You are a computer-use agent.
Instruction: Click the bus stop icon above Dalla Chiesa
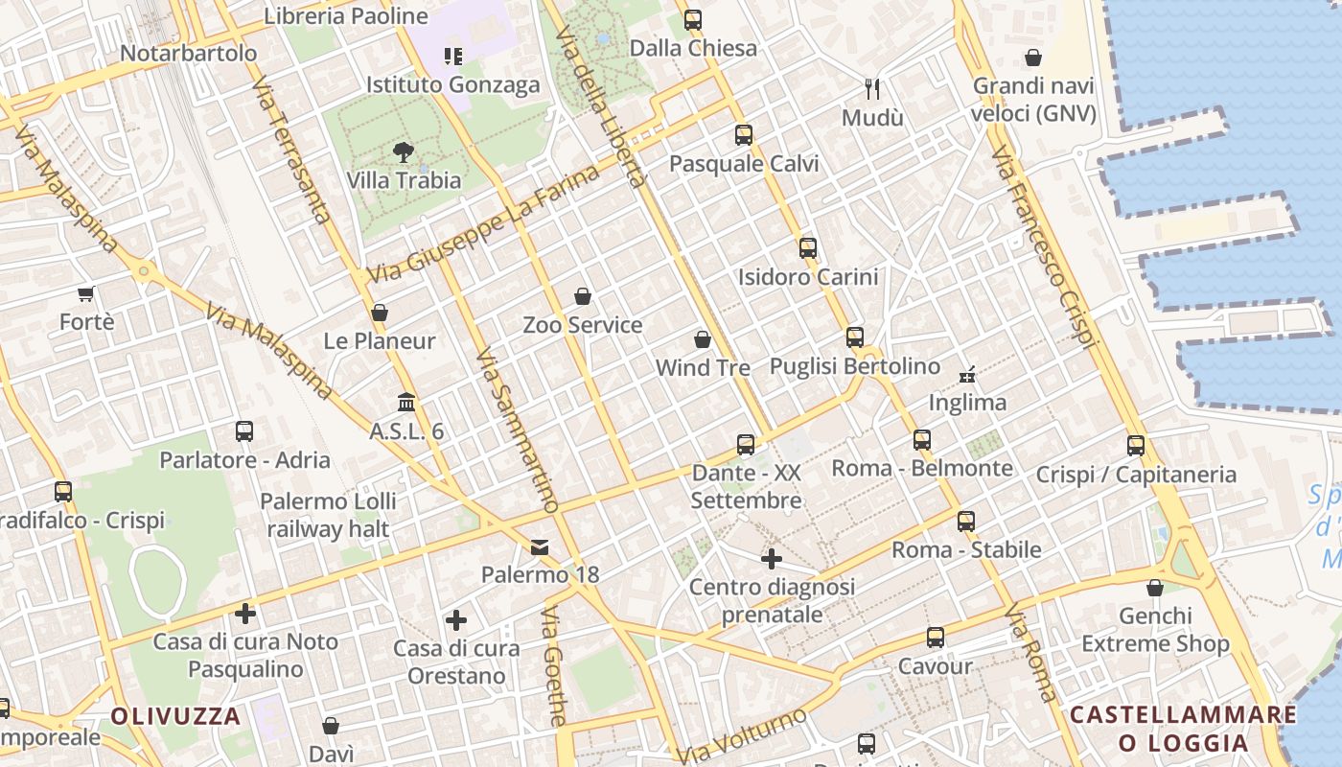coord(692,19)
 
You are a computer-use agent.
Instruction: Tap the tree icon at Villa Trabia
coord(404,151)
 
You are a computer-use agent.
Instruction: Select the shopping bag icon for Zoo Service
coord(582,296)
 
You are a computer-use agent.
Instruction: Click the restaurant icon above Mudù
coord(872,89)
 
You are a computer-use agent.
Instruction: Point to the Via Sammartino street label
coord(517,430)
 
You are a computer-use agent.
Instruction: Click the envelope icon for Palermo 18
coord(540,547)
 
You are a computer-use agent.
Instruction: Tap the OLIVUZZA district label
coord(175,716)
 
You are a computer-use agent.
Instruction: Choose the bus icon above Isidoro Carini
coord(808,248)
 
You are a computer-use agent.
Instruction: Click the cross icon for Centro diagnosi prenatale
coord(772,558)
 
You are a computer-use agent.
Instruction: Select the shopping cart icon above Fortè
coord(86,293)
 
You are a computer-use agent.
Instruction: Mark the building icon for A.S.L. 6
coord(406,403)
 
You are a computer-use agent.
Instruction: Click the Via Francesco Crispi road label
coord(1043,246)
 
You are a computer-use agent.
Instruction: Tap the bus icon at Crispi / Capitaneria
coord(1136,446)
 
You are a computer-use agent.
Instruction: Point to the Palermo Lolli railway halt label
coord(328,515)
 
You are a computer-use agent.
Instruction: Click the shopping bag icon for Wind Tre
coord(703,339)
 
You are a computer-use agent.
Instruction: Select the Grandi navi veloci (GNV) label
coord(1033,100)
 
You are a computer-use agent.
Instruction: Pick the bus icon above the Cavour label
coord(935,638)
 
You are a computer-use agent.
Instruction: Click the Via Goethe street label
coord(555,665)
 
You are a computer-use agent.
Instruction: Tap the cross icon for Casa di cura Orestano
coord(456,620)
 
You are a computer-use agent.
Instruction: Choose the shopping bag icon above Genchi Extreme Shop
coord(1155,588)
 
